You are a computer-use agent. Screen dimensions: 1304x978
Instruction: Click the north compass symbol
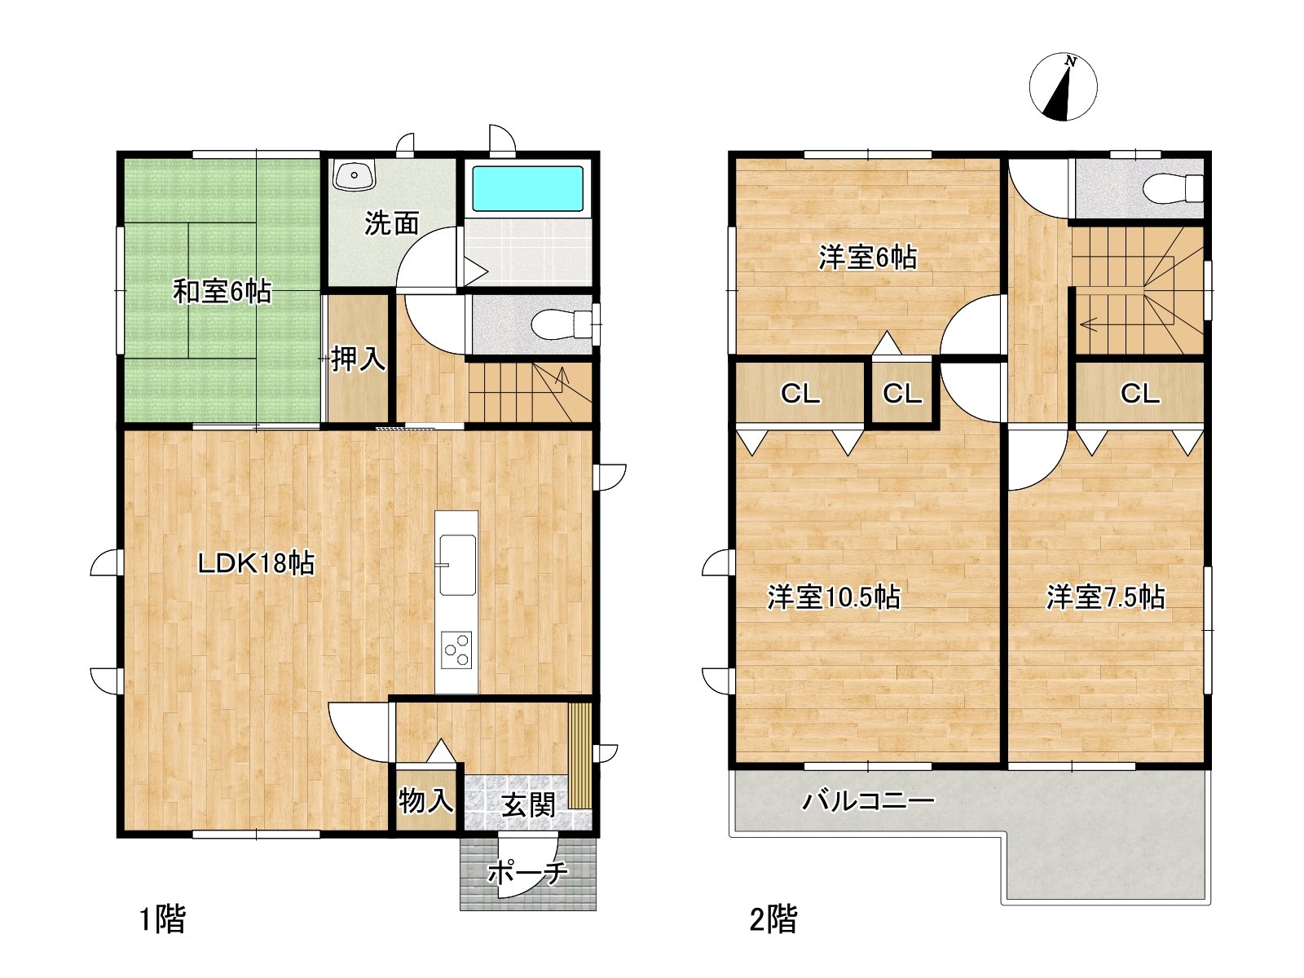click(1063, 86)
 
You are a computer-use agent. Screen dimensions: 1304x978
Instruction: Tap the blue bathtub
click(527, 188)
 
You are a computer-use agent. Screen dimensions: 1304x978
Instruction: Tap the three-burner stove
click(456, 650)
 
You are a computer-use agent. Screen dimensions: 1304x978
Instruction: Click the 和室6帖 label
click(222, 292)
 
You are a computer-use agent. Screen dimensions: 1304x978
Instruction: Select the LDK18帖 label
click(256, 563)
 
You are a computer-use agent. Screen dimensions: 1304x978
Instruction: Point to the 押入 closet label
click(359, 359)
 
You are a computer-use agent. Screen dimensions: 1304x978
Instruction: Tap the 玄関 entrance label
click(529, 805)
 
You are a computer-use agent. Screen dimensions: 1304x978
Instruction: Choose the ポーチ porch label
click(527, 872)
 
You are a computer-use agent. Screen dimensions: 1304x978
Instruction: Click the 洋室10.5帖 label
click(834, 597)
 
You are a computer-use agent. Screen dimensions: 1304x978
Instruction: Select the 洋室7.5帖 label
click(1106, 597)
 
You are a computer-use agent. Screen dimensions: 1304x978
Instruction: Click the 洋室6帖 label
click(867, 258)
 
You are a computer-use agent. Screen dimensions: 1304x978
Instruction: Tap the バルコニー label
click(868, 801)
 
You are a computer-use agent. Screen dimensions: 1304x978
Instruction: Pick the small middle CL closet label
click(902, 393)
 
